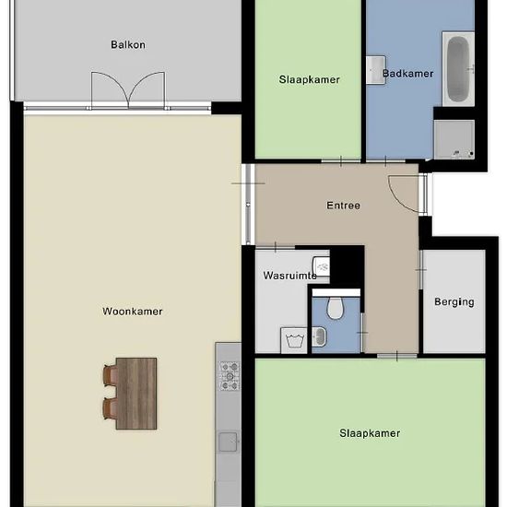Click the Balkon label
[128, 44]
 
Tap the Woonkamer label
[133, 312]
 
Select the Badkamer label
[408, 74]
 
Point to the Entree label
[344, 206]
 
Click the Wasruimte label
[290, 276]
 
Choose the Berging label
[454, 302]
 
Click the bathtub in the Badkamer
[458, 69]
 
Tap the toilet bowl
[336, 308]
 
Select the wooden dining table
[136, 394]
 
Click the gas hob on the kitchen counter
[230, 376]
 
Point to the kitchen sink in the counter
[228, 442]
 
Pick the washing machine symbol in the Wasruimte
[294, 340]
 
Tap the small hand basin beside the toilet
[319, 336]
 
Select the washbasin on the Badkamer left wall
[376, 70]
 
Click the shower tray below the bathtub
[454, 139]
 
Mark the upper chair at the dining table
[111, 375]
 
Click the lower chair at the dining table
[111, 408]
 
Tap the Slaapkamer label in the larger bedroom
[370, 433]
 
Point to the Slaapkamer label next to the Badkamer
[310, 79]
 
